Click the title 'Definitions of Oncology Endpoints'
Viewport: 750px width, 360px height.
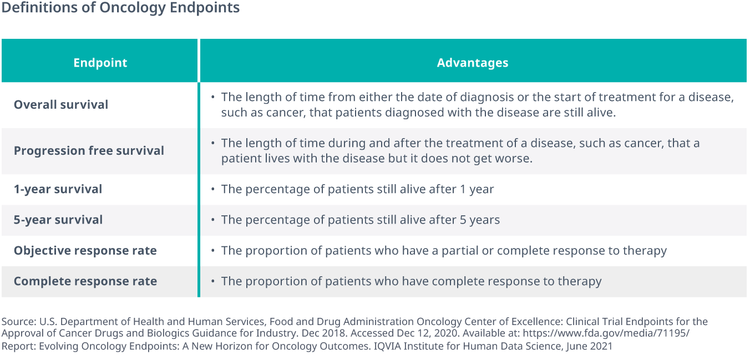[120, 8]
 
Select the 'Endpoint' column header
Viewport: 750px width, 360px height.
[100, 63]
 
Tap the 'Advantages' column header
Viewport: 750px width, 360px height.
[472, 63]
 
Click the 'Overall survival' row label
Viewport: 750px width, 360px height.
[61, 105]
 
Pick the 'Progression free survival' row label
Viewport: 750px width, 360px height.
[89, 151]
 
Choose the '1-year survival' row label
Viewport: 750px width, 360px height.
[58, 189]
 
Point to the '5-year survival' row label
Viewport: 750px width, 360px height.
[58, 220]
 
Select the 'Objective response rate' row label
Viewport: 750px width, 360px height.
[85, 251]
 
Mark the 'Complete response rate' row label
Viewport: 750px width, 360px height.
[85, 281]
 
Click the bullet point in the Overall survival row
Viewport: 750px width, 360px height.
[212, 98]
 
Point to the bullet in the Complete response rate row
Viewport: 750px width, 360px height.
[212, 281]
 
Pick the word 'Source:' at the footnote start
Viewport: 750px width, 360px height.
[17, 322]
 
